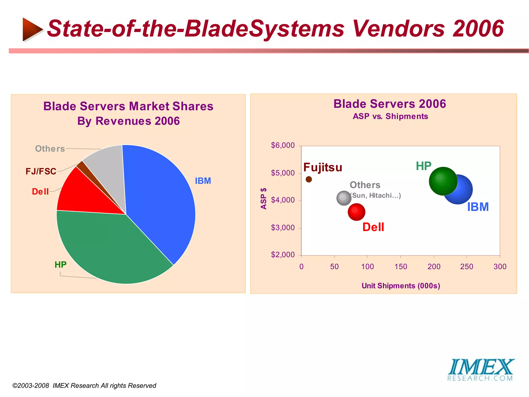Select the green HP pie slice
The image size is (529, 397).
point(108,246)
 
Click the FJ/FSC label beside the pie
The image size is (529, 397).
point(41,171)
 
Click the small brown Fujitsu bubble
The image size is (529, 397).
point(309,179)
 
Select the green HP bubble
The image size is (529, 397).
point(443,181)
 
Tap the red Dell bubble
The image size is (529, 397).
point(356,212)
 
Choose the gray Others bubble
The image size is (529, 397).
point(344,198)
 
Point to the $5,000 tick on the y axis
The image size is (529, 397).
point(283,173)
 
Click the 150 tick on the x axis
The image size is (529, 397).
point(401,266)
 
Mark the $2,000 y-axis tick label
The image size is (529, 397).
point(283,255)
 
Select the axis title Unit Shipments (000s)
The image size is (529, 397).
point(401,286)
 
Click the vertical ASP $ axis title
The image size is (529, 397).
point(263,198)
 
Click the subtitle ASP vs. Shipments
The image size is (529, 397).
point(390,116)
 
